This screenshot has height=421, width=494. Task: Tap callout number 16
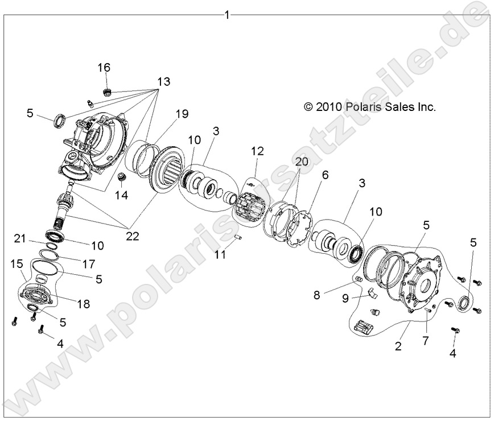[x=104, y=68]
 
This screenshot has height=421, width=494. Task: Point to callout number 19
[x=181, y=114]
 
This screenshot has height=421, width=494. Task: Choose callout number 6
[x=324, y=176]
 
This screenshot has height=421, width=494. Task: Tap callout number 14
[x=121, y=196]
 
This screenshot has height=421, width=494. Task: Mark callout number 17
[x=87, y=263]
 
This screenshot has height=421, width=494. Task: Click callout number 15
[x=17, y=263]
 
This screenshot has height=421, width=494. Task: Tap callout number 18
[x=83, y=304]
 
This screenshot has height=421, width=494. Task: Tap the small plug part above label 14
[x=121, y=177]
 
